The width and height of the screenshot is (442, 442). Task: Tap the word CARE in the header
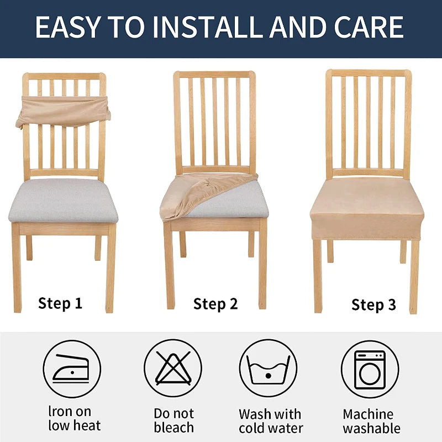coord(369,27)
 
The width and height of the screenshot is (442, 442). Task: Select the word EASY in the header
coord(68,27)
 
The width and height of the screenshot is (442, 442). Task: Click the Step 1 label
coord(60,303)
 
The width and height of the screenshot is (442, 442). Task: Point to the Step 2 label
coord(215,304)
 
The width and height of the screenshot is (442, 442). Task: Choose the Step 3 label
coord(373,305)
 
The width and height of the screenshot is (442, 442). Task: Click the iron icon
coord(72,369)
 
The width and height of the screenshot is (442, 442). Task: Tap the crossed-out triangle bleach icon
coord(173,368)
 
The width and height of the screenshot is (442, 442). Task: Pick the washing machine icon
coord(370,369)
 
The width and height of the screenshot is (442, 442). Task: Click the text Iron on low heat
coord(75,419)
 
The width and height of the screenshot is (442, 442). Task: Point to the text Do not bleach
coord(174,420)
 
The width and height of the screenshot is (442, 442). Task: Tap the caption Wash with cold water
coord(271,421)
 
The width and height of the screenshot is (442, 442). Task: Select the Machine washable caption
coord(371,421)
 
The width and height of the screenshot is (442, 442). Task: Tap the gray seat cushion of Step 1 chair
coord(63,201)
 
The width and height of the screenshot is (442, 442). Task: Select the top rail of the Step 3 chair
coord(369,73)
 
